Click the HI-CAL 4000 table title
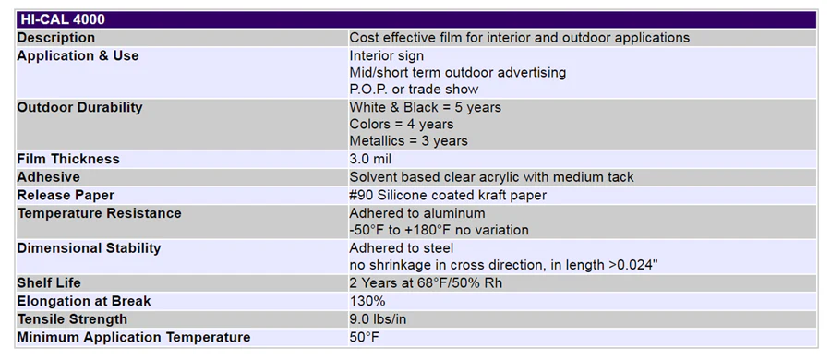(63, 19)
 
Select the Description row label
(56, 38)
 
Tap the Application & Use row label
(78, 55)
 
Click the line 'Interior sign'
(386, 55)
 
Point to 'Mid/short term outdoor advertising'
(458, 72)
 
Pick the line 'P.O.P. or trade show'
(414, 89)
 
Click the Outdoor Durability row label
(80, 107)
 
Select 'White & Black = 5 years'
(425, 107)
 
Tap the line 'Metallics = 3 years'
(409, 141)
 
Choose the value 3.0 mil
(370, 159)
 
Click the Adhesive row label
(49, 177)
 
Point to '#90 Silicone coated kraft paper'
(448, 195)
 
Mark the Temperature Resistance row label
(99, 213)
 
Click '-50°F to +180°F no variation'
(439, 230)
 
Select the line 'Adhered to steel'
(402, 248)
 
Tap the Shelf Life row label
(49, 283)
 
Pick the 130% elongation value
(367, 301)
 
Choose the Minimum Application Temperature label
(134, 337)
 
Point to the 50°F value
(365, 337)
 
